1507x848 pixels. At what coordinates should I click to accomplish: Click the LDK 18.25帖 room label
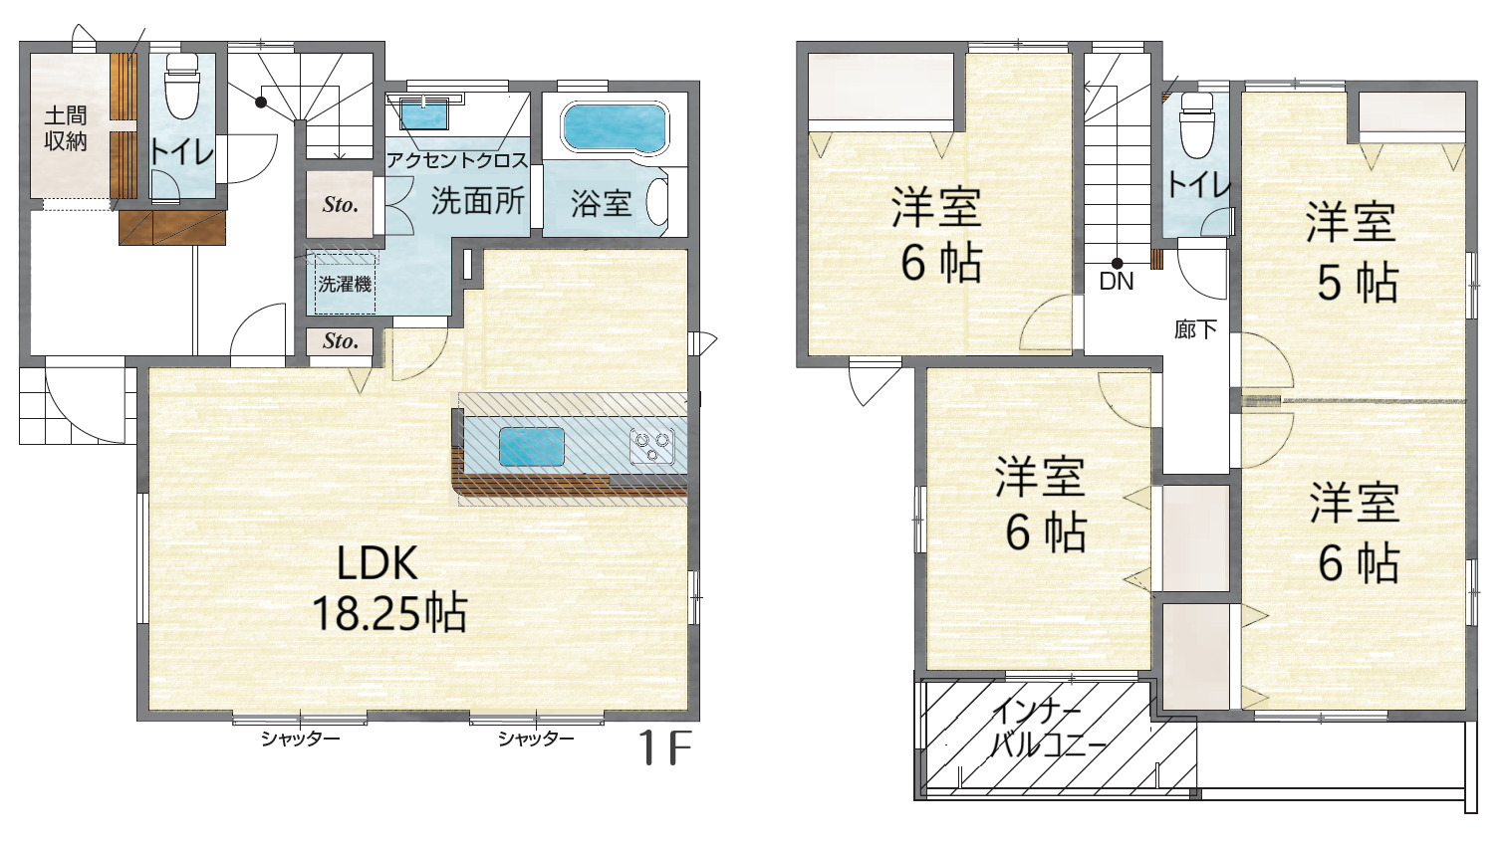[x=389, y=588]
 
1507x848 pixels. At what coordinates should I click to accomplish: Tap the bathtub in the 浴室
[x=615, y=128]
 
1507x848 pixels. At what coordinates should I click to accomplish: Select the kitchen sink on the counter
[x=532, y=446]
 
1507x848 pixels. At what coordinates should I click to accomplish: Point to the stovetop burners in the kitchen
[x=652, y=446]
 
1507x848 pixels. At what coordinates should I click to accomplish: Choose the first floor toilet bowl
[x=182, y=87]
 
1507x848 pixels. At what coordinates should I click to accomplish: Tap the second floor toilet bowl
[x=1197, y=125]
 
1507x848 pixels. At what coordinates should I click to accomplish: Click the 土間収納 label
[x=66, y=128]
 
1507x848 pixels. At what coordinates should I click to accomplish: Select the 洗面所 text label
[x=478, y=200]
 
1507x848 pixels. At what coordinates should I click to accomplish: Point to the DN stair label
[x=1117, y=281]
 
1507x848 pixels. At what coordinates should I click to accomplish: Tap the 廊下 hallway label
[x=1195, y=329]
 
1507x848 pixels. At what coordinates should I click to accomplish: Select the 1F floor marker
[x=664, y=747]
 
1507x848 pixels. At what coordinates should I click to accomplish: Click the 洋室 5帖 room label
[x=1354, y=252]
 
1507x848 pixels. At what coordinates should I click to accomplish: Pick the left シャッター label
[x=300, y=740]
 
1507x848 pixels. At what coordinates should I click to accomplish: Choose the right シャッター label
[x=536, y=739]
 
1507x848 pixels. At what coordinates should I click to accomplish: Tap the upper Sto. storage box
[x=340, y=204]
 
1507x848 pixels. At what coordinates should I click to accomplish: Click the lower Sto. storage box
[x=340, y=341]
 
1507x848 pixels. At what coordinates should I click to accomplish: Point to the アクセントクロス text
[x=457, y=160]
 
